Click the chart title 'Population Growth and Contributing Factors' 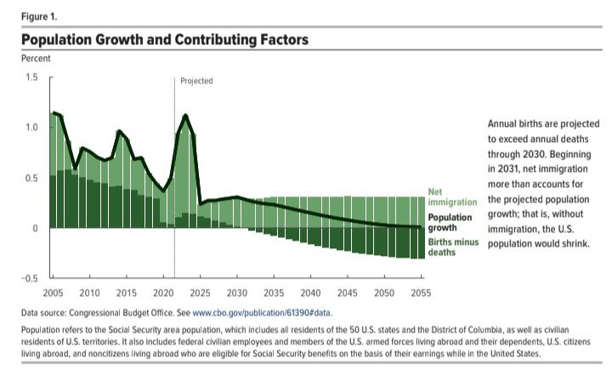point(164,40)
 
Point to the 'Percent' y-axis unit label point(36,59)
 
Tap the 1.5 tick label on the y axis point(31,77)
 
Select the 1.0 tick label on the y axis point(31,128)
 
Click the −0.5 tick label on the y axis point(29,279)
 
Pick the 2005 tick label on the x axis point(54,293)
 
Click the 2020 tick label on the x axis point(163,293)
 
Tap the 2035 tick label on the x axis point(274,293)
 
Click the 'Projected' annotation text point(196,81)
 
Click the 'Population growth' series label point(450,223)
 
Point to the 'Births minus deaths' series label point(452,247)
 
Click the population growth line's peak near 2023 point(185,115)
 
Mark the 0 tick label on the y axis point(35,228)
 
